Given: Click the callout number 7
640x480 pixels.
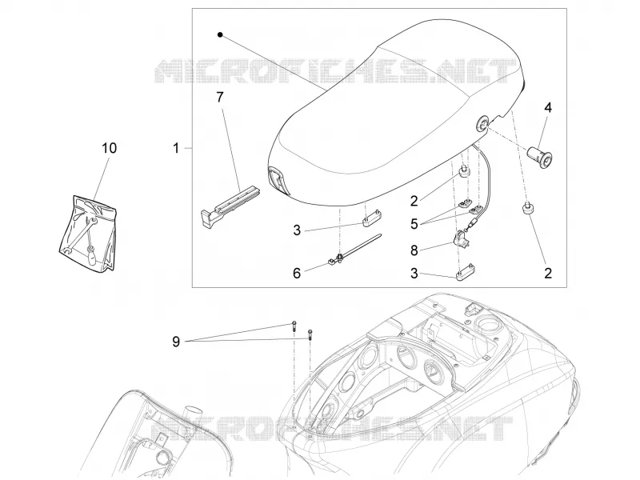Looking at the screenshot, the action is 220,97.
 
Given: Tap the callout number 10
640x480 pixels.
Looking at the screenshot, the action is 109,148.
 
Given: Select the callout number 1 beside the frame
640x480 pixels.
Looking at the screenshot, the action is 176,148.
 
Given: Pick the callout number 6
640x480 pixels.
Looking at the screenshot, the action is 297,273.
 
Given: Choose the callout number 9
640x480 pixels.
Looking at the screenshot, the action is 176,342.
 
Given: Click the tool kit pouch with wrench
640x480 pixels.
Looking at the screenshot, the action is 88,233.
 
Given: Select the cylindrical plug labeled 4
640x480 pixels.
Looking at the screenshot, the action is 539,157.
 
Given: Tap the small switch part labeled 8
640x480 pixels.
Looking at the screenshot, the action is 462,239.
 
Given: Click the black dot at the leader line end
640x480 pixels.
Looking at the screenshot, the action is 220,35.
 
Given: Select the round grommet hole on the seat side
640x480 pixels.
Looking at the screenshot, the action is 483,123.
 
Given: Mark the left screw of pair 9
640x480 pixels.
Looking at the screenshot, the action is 294,326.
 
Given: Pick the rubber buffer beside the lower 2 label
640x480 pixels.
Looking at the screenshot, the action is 527,208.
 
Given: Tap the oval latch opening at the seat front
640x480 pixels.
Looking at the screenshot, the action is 278,179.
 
